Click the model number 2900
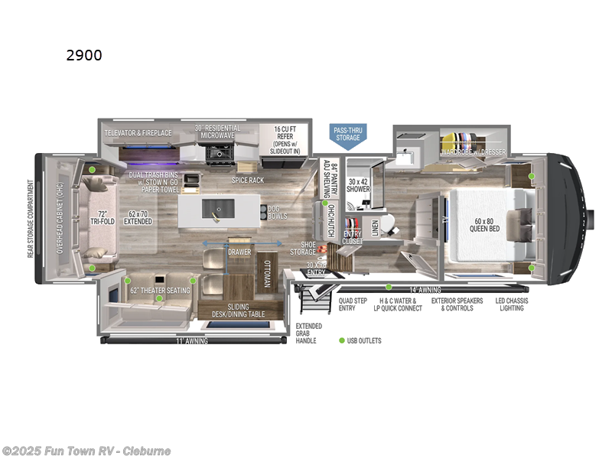83,55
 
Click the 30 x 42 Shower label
358,184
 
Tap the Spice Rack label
248,180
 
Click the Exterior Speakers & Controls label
457,304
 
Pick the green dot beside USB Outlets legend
342,340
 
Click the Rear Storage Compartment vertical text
31,219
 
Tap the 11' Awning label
191,340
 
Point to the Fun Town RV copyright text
86,451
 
